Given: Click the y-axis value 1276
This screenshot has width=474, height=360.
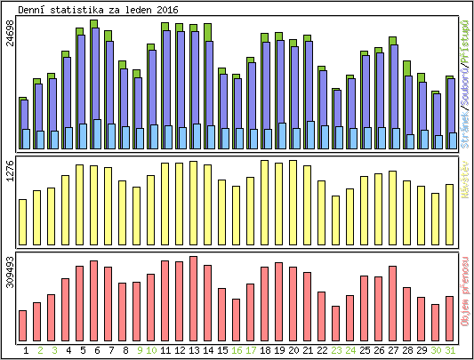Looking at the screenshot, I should point(11,172).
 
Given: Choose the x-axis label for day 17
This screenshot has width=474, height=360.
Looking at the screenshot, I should point(251,350).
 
